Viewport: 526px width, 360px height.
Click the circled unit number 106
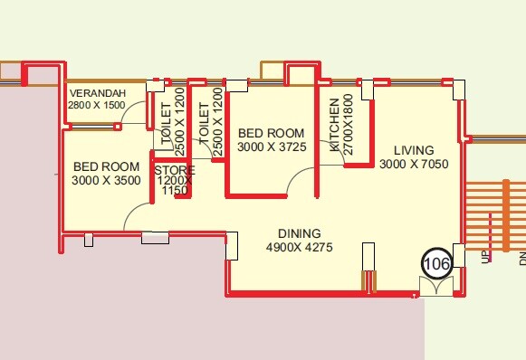(436, 264)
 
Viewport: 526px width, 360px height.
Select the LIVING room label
(413, 149)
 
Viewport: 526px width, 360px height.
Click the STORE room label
(174, 169)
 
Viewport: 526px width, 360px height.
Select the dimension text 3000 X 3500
(106, 181)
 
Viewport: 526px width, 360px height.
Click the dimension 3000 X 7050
(414, 164)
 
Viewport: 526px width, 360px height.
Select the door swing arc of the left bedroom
(136, 217)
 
